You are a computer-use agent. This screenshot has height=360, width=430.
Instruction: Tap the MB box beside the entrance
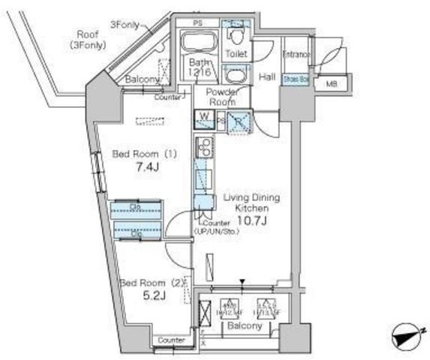(330, 84)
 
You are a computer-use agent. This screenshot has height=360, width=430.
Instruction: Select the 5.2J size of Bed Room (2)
(153, 296)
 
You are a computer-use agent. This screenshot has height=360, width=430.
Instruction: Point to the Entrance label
(296, 55)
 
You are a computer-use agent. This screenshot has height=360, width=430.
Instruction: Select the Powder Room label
(221, 97)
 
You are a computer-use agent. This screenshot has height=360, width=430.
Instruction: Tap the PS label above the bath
(197, 23)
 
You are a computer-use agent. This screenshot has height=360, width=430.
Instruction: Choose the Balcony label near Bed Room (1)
(141, 79)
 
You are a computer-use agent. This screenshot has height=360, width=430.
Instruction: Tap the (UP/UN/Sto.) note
(217, 231)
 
